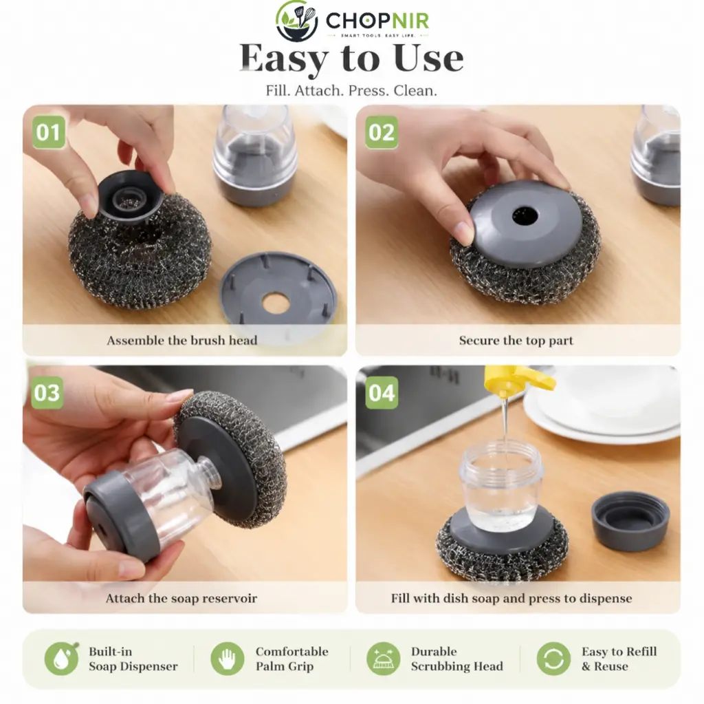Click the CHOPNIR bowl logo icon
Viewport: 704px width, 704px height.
pos(296,21)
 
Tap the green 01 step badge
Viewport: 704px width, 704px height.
pos(49,132)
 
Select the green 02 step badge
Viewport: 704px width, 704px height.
pos(381,132)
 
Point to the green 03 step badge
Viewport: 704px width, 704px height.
pos(47,392)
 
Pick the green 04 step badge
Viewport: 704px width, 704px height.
pos(381,392)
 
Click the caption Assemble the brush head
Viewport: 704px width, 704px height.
pos(181,341)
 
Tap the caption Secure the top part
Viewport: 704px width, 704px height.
pos(516,341)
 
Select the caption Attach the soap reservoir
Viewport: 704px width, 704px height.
pos(181,598)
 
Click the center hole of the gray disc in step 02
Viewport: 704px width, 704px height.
pos(525,217)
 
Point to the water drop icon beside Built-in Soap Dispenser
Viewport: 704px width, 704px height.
pos(61,658)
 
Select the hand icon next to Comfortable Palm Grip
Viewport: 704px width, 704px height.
pos(228,659)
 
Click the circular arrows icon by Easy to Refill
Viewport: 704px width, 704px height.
pos(553,659)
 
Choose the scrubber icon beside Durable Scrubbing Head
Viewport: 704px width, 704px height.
pos(384,659)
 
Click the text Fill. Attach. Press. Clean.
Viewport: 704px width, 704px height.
pos(351,90)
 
